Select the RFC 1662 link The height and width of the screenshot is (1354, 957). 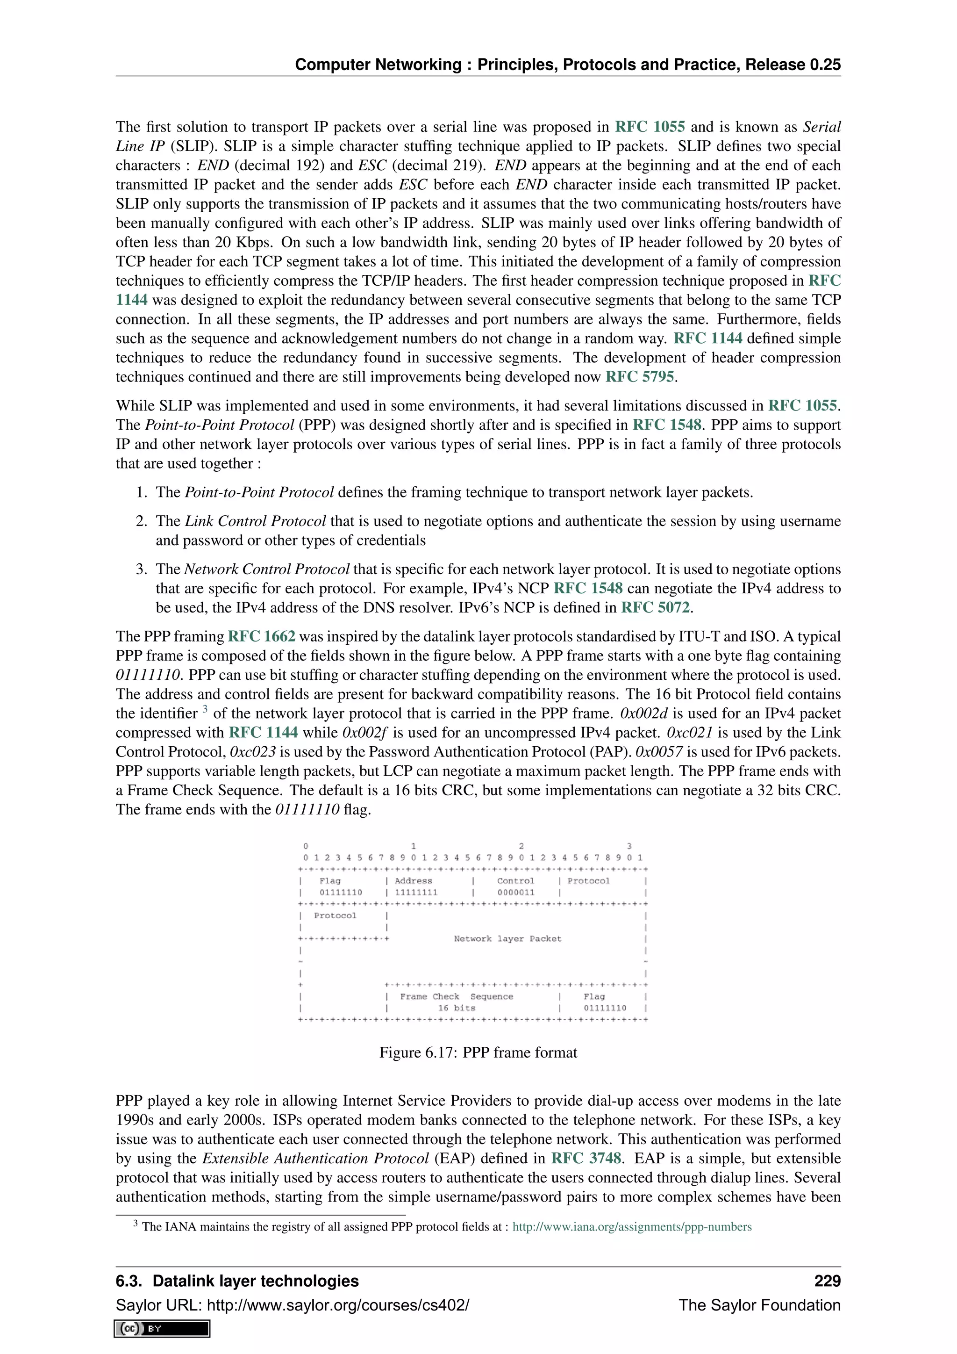click(261, 636)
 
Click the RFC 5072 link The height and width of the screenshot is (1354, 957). click(655, 607)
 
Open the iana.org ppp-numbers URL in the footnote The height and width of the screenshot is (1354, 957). click(632, 1227)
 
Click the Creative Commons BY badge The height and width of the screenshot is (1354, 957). click(162, 1329)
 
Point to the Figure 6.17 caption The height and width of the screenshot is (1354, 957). click(478, 1052)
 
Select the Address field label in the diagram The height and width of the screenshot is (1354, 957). click(413, 881)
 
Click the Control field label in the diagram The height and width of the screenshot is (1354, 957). click(515, 881)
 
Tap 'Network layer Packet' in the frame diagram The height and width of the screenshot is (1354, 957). click(507, 939)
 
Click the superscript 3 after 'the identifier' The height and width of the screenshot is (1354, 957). click(205, 709)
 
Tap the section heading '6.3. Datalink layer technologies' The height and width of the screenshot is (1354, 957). click(237, 1281)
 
